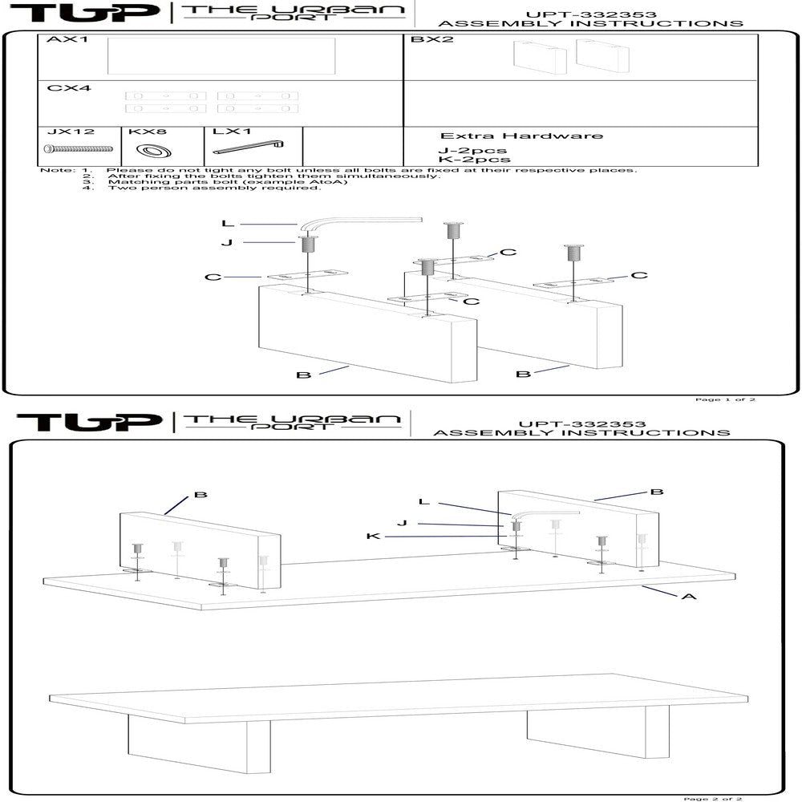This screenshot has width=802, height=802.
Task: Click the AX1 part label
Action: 67,39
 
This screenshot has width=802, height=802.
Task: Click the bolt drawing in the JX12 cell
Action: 79,148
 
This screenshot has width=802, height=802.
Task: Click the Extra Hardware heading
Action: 521,136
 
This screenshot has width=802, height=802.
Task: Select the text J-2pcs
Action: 472,150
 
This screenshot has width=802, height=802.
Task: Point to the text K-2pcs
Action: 473,160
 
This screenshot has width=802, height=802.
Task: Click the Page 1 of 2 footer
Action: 724,399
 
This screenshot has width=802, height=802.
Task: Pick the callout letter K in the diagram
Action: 372,536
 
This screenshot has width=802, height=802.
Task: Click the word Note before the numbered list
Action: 55,170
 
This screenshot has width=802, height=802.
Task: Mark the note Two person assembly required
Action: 214,188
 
